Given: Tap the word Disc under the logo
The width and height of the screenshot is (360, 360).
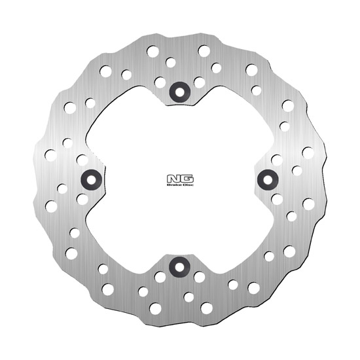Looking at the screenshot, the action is [x=189, y=185].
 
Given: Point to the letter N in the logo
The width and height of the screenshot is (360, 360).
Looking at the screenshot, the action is [x=173, y=179].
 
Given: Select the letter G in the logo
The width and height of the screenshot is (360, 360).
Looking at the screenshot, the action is [x=187, y=179].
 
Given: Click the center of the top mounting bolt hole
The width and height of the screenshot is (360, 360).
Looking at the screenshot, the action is [x=180, y=92].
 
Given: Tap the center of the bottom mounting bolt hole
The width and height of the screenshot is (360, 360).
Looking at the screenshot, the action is [x=179, y=267].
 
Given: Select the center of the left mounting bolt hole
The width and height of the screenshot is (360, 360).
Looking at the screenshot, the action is [x=92, y=180].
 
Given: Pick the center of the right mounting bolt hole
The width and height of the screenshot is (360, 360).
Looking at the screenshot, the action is [x=268, y=180].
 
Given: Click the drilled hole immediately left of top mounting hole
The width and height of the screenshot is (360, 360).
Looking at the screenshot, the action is [x=160, y=82].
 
